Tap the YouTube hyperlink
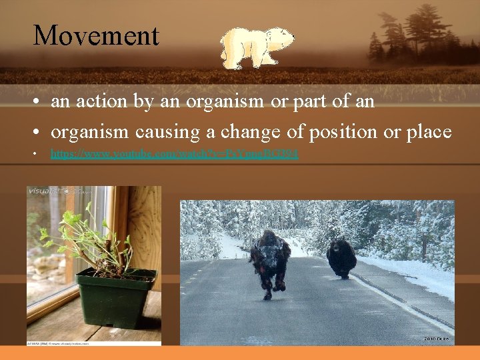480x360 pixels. [175, 154]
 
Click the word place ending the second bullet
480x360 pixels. [427, 131]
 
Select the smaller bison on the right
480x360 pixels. [341, 257]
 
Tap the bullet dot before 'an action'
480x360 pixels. [33, 103]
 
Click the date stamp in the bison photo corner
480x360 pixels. [437, 339]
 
